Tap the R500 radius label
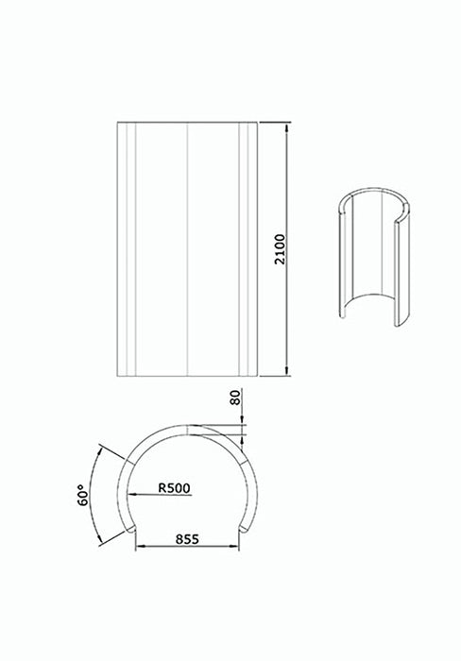pos(175,488)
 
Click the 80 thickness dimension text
pos(234,400)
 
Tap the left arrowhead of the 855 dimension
pos(139,548)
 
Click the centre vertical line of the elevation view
pos(190,249)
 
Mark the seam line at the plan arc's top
pos(190,426)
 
